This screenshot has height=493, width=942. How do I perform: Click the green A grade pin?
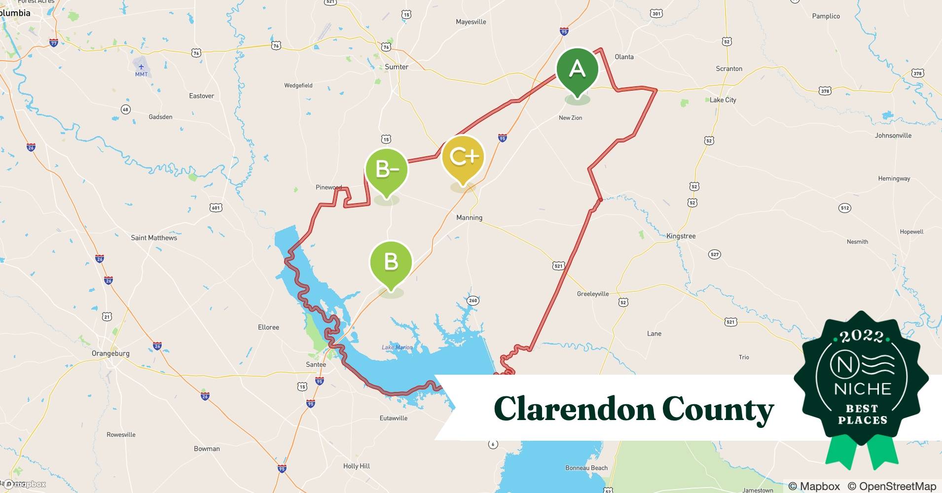(577, 70)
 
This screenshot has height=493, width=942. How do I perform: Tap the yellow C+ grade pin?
(463, 157)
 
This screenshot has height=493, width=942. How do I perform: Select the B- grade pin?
(387, 170)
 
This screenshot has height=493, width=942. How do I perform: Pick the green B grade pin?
(391, 261)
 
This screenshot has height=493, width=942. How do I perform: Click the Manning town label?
(469, 217)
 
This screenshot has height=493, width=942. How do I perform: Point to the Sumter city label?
(397, 67)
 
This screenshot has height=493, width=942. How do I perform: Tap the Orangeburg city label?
(110, 353)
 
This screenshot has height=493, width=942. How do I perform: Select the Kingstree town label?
(681, 236)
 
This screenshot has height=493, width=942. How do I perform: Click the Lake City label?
(723, 100)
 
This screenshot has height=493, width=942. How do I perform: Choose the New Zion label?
(570, 118)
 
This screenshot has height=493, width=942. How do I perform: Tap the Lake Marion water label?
(397, 348)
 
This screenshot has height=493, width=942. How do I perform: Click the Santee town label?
(316, 365)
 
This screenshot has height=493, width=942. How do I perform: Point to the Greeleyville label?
(593, 294)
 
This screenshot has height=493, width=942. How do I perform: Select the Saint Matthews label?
(154, 238)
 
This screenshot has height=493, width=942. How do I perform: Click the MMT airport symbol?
(142, 67)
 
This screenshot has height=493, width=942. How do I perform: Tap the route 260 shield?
(473, 301)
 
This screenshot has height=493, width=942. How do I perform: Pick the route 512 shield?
(845, 208)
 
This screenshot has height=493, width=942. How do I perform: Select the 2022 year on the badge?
(862, 337)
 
